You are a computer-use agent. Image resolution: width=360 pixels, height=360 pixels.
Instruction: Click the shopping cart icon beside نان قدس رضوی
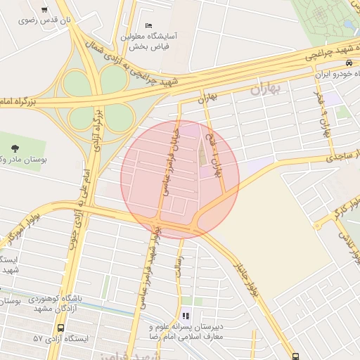[45, 10]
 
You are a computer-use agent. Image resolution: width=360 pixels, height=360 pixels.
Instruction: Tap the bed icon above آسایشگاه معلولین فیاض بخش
[148, 26]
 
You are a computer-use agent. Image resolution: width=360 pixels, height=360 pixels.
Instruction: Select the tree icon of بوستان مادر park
[15, 148]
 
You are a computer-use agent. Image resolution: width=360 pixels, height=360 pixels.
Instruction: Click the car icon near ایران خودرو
[349, 63]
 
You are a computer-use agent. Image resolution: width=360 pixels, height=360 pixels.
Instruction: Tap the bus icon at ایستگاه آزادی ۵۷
[60, 328]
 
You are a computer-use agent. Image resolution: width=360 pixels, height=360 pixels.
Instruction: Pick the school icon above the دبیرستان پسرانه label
[186, 316]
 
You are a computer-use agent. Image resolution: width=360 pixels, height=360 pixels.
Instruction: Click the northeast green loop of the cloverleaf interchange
[113, 82]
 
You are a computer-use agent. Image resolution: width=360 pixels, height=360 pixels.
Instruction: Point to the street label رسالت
[181, 270]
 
